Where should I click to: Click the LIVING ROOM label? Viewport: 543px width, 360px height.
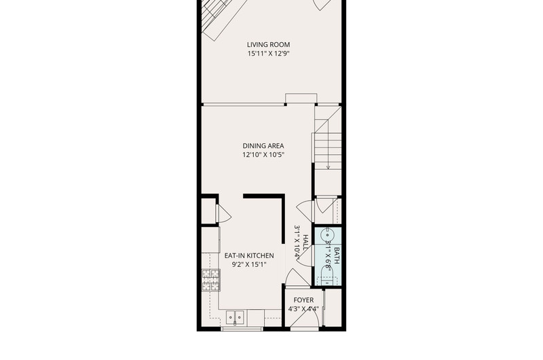(x=268, y=45)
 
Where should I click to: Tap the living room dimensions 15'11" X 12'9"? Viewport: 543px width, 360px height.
(x=268, y=54)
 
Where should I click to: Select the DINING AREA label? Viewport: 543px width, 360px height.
(x=263, y=146)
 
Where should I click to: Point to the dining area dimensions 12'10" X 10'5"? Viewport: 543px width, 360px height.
(x=263, y=155)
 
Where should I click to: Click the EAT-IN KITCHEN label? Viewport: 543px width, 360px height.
(x=249, y=255)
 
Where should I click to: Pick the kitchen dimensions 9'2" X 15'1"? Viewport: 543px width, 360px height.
(x=249, y=265)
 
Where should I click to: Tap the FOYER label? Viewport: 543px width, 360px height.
(x=303, y=300)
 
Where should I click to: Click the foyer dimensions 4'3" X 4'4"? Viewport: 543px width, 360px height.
(x=303, y=309)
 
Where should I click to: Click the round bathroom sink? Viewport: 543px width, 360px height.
(x=327, y=236)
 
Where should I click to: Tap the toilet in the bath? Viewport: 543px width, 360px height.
(x=327, y=277)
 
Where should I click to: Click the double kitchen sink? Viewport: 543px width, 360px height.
(x=235, y=317)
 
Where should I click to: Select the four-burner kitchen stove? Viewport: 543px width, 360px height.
(x=211, y=280)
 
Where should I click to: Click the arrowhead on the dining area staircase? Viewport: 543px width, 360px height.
(x=328, y=167)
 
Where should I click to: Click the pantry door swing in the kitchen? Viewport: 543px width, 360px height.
(x=223, y=214)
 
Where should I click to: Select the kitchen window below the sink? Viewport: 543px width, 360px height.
(x=242, y=329)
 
